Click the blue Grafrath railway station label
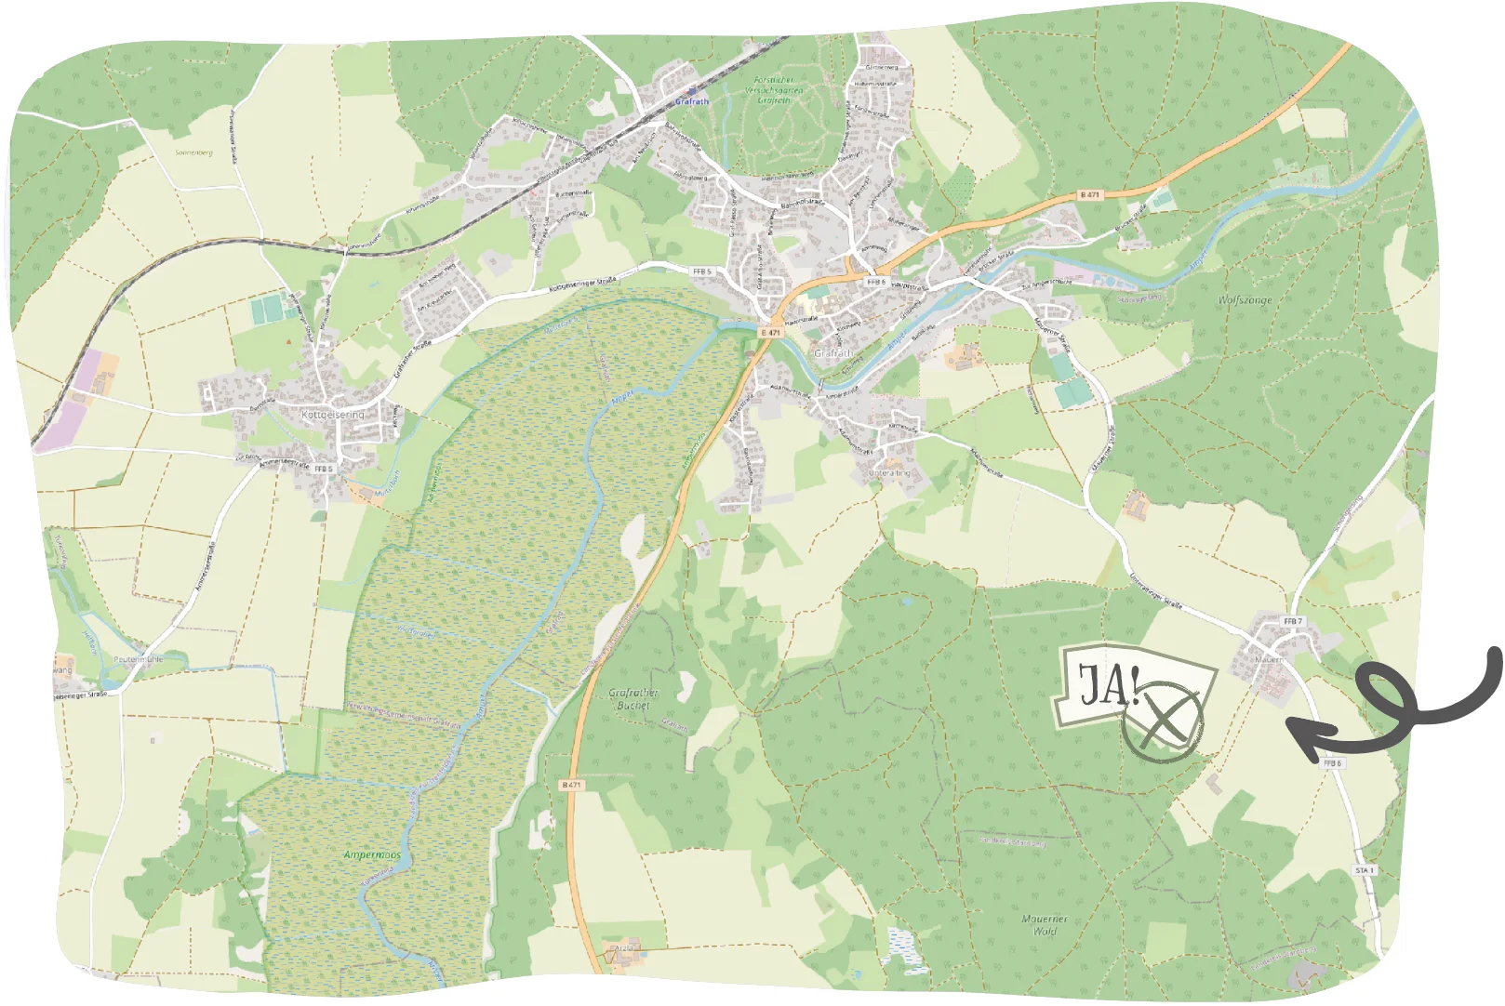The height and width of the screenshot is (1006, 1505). [x=691, y=101]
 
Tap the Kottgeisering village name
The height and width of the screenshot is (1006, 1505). [x=332, y=415]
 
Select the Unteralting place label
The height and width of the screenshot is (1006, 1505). [x=889, y=473]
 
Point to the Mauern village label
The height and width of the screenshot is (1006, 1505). [x=1268, y=660]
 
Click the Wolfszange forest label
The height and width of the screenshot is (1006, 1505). [x=1245, y=300]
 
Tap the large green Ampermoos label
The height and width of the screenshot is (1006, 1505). [x=372, y=854]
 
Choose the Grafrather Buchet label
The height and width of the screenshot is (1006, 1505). [x=633, y=699]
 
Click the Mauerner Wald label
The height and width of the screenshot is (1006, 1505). [x=1045, y=924]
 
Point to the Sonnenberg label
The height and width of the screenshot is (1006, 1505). [x=193, y=152]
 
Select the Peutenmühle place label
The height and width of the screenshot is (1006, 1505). [x=138, y=659]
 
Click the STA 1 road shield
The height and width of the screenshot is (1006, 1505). [x=1364, y=870]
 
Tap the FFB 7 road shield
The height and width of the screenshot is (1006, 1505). [x=1293, y=621]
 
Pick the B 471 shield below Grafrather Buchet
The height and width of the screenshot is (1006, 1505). [x=571, y=785]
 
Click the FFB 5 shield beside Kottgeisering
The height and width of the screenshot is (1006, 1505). [x=323, y=469]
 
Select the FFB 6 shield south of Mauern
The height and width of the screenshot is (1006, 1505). [x=1332, y=762]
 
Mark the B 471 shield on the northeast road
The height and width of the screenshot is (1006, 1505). [x=1089, y=195]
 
